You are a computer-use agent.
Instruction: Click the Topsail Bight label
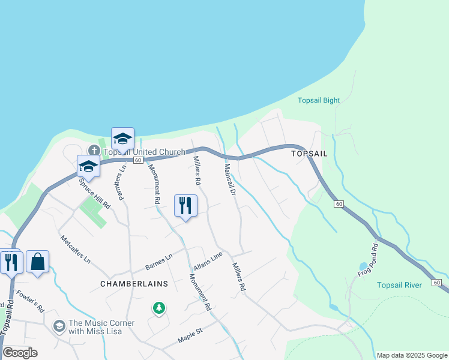click(x=319, y=100)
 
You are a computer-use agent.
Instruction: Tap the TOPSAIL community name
click(x=309, y=154)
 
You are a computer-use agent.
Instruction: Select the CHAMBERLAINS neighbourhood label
click(x=128, y=283)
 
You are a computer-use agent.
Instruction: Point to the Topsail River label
click(x=399, y=284)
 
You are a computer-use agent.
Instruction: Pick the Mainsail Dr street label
click(x=229, y=179)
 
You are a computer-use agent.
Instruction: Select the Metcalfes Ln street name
click(x=76, y=250)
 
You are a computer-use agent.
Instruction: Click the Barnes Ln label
click(x=159, y=262)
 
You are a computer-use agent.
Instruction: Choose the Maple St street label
click(x=191, y=335)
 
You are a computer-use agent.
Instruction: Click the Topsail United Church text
click(x=144, y=152)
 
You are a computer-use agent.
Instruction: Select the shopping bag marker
click(x=37, y=262)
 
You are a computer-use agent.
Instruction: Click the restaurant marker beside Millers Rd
click(x=185, y=205)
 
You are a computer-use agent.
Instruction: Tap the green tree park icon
click(x=158, y=308)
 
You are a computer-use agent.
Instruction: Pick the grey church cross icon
click(x=94, y=150)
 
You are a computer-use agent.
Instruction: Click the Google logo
click(x=20, y=353)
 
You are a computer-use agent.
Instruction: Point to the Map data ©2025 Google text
click(x=411, y=355)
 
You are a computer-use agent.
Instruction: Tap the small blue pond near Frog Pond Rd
click(x=363, y=266)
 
